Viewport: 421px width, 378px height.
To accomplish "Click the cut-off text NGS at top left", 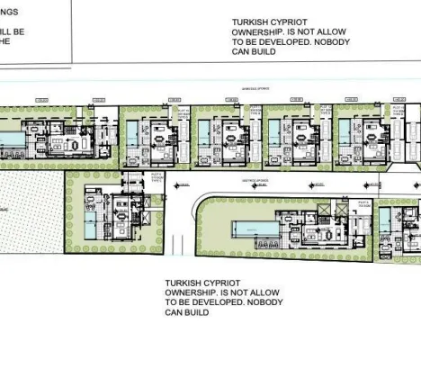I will click(x=8, y=12).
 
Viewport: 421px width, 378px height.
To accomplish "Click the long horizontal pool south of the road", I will click(x=252, y=224).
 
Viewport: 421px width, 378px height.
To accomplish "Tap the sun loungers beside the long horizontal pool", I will click(x=267, y=244).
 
